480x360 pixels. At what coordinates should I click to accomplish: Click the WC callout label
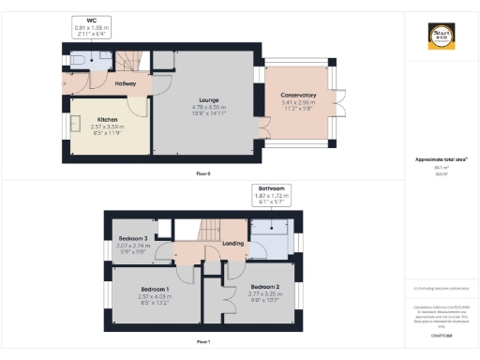click(x=92, y=21)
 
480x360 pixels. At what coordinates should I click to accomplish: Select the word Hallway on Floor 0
click(x=126, y=83)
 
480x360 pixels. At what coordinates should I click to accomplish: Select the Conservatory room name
click(x=298, y=96)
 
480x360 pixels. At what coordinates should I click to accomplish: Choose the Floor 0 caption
click(x=203, y=174)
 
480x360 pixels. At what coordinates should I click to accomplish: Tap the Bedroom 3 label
click(x=133, y=239)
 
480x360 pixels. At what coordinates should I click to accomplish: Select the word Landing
click(x=233, y=244)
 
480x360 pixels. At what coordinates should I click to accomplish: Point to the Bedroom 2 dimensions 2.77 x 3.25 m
click(x=264, y=293)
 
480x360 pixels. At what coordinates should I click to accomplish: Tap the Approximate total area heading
click(x=441, y=159)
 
